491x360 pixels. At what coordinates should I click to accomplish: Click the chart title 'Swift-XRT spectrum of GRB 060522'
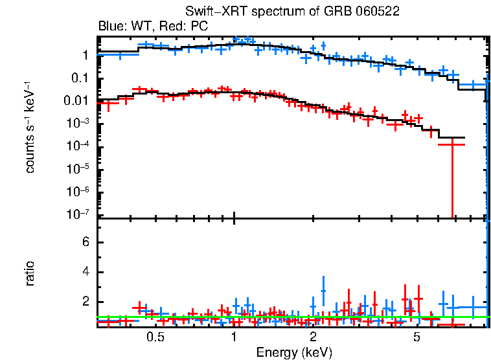click(292, 12)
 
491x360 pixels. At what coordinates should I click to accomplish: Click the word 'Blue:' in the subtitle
click(111, 27)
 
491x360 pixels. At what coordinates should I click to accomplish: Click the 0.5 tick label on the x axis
click(155, 338)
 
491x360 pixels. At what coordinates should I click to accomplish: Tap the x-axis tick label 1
click(234, 338)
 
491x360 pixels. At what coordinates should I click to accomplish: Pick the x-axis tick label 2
click(313, 338)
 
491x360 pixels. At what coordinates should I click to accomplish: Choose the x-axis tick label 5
click(417, 338)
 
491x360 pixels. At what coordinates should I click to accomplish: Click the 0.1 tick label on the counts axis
click(82, 78)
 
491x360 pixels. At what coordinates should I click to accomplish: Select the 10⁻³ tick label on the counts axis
click(80, 123)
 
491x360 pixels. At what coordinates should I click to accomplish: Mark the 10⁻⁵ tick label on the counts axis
click(80, 168)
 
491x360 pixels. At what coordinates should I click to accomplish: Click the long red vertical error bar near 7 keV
click(452, 181)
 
